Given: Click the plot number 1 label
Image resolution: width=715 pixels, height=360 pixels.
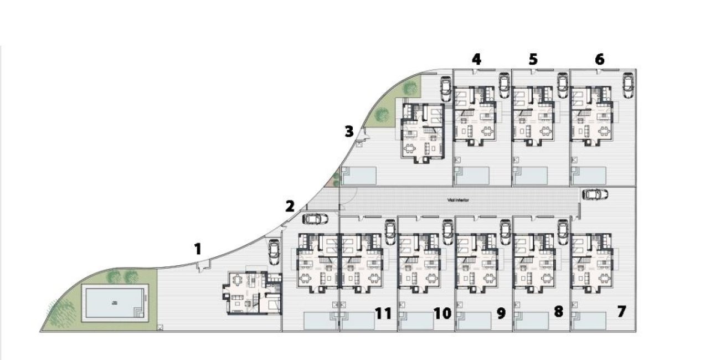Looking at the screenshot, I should [x=198, y=249].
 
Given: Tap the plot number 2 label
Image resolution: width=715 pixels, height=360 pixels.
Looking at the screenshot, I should [x=290, y=207].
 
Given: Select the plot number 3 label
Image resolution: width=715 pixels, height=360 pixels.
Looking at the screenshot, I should [x=348, y=132].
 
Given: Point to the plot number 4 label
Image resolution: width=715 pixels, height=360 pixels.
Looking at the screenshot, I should [x=476, y=59].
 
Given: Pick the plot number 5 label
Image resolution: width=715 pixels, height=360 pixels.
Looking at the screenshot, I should [x=533, y=59].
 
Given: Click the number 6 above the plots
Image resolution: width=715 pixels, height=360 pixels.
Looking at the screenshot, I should [x=599, y=59].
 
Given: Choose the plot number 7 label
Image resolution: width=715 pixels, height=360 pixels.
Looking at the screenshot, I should [x=621, y=312].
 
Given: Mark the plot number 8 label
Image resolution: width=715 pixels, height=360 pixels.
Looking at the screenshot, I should [x=558, y=312].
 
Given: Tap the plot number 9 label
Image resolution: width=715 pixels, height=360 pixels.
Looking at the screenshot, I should [x=501, y=313].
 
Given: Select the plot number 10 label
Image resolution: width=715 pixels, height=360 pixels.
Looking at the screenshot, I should [x=442, y=313].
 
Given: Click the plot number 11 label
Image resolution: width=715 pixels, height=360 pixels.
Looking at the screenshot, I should [x=383, y=313].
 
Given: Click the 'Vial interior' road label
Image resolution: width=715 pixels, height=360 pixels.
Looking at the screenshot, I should [x=458, y=200].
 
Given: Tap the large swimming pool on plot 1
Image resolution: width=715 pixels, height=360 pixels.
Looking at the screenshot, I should [x=115, y=302].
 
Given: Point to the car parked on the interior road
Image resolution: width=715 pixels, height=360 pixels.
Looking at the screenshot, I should [x=595, y=194].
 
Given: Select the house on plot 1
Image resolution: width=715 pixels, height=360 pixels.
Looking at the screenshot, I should [x=251, y=293].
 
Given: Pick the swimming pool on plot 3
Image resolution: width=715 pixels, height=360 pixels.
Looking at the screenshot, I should [x=359, y=176].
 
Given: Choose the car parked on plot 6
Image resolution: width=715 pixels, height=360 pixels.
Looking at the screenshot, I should [x=628, y=84].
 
